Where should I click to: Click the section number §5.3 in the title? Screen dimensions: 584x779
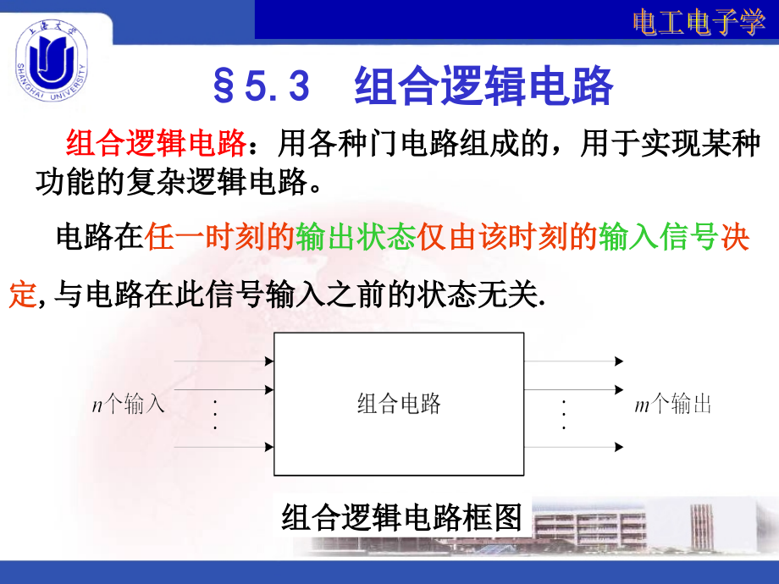[x=262, y=85]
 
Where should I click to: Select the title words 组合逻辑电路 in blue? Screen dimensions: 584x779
[x=483, y=85]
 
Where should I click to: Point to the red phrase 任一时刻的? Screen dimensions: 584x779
[x=220, y=238]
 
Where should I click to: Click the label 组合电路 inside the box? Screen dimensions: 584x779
[x=398, y=404]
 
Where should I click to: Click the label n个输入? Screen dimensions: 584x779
[x=128, y=405]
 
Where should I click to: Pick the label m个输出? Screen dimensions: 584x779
[x=673, y=405]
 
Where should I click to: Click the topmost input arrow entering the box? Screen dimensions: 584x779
[x=224, y=361]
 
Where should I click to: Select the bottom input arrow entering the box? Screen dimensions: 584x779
[x=224, y=445]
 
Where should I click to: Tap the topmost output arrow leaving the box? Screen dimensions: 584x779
[x=575, y=361]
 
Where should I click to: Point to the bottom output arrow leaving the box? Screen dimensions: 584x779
[x=575, y=445]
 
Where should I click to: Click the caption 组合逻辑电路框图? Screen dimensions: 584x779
[x=401, y=516]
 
